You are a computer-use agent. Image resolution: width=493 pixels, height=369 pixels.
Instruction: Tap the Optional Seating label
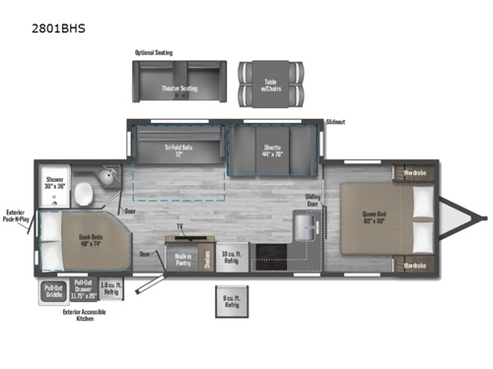(x=156, y=51)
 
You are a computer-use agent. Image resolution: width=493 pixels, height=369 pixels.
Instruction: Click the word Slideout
(x=338, y=123)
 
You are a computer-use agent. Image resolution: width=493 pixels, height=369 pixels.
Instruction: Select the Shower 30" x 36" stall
(x=53, y=183)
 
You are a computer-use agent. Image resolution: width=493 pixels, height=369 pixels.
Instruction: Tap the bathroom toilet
(x=85, y=189)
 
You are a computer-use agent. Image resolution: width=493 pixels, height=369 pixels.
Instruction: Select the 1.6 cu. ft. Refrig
(x=111, y=291)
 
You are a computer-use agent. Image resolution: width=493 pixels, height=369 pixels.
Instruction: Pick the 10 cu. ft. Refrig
(x=231, y=258)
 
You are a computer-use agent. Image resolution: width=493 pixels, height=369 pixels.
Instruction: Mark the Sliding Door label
(x=313, y=201)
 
